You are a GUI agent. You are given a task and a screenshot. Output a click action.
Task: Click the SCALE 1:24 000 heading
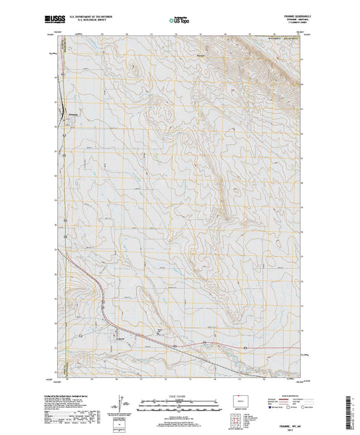coord(171,397)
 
